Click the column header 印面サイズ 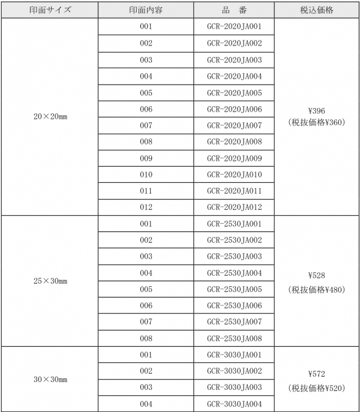pyautogui.click(x=50, y=11)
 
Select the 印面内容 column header pyautogui.click(x=146, y=11)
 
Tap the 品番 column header pyautogui.click(x=233, y=11)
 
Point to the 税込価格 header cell pyautogui.click(x=316, y=11)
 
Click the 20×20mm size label pyautogui.click(x=50, y=117)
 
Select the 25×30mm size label pyautogui.click(x=50, y=281)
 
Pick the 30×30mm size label pyautogui.click(x=50, y=380)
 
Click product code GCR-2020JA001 pyautogui.click(x=233, y=27)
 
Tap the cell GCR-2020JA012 pyautogui.click(x=233, y=207)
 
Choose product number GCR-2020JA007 pyautogui.click(x=233, y=125)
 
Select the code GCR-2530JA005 pyautogui.click(x=233, y=289)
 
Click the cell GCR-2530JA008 pyautogui.click(x=233, y=338)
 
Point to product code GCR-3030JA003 pyautogui.click(x=233, y=387)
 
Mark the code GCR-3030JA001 pyautogui.click(x=233, y=355)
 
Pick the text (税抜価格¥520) pyautogui.click(x=316, y=387)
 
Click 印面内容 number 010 pyautogui.click(x=146, y=175)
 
